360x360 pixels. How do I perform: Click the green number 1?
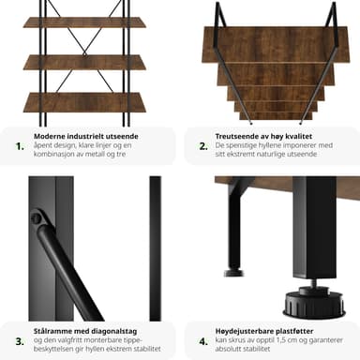tap(20, 146)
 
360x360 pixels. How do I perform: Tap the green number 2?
tap(203, 146)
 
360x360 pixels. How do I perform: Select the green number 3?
tap(20, 341)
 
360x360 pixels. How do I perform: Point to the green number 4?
tap(203, 341)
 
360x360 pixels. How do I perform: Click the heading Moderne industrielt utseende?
tap(86, 136)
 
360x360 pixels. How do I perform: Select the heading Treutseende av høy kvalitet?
tap(263, 136)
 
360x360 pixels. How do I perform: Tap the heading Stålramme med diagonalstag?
tap(85, 331)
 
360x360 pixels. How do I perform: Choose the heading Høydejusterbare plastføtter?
tap(264, 331)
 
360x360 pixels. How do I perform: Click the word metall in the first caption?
tap(96, 154)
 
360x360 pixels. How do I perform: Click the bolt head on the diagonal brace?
tap(37, 217)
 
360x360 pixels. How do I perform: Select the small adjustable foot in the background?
tap(233, 272)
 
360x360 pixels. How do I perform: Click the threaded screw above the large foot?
tap(313, 283)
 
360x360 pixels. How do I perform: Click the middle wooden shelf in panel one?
tap(84, 62)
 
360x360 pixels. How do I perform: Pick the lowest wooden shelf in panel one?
tap(84, 102)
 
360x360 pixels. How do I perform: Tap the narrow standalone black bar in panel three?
tap(156, 248)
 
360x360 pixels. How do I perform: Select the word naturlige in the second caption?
tap(271, 154)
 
